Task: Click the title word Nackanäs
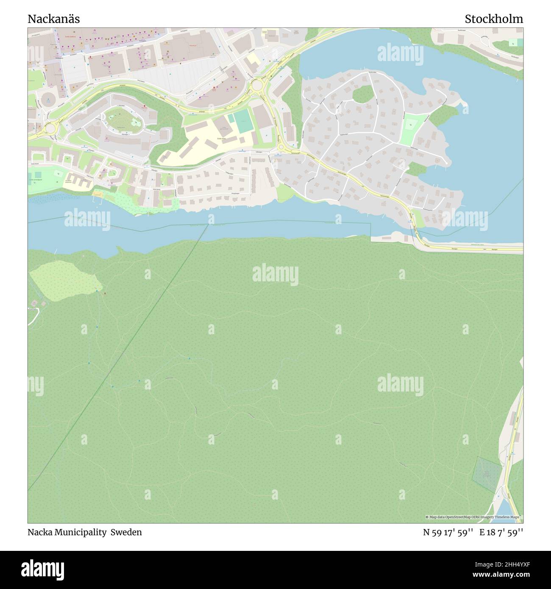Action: (53, 19)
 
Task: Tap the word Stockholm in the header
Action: (493, 19)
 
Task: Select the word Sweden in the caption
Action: (126, 532)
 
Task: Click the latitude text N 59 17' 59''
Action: (449, 532)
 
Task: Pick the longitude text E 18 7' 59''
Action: (501, 532)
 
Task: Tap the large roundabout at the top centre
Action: (257, 86)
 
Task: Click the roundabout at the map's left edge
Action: (51, 126)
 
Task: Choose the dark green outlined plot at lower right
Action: (484, 474)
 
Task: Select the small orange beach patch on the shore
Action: (98, 194)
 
